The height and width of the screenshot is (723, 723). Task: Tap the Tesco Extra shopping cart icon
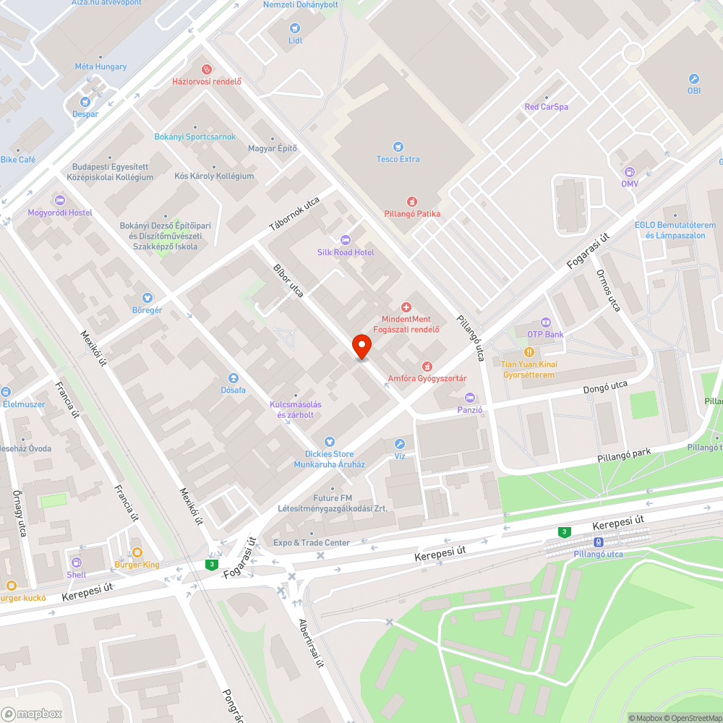(x=398, y=147)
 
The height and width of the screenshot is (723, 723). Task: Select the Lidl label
(x=295, y=40)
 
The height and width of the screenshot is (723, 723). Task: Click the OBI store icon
(x=694, y=79)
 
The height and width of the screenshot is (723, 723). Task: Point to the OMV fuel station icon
(x=629, y=171)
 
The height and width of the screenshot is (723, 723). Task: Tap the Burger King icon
(x=137, y=552)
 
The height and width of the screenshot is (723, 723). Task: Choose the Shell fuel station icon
(x=76, y=562)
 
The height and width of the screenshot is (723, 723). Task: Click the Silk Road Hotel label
(x=346, y=252)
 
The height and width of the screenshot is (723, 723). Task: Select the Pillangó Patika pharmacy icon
(x=412, y=202)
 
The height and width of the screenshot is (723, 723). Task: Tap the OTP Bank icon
(x=545, y=322)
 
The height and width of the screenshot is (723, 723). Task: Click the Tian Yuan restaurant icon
(x=529, y=352)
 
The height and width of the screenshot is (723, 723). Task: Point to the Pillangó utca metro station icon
(x=598, y=542)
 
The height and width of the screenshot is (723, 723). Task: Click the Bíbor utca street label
(x=288, y=281)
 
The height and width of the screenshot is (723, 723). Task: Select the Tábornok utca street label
(x=294, y=215)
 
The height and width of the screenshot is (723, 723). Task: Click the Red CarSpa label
(x=546, y=107)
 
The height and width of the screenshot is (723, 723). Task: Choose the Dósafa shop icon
(x=234, y=378)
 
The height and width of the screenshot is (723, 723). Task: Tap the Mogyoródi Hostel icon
(x=60, y=200)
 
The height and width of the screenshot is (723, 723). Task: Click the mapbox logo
(x=33, y=714)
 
